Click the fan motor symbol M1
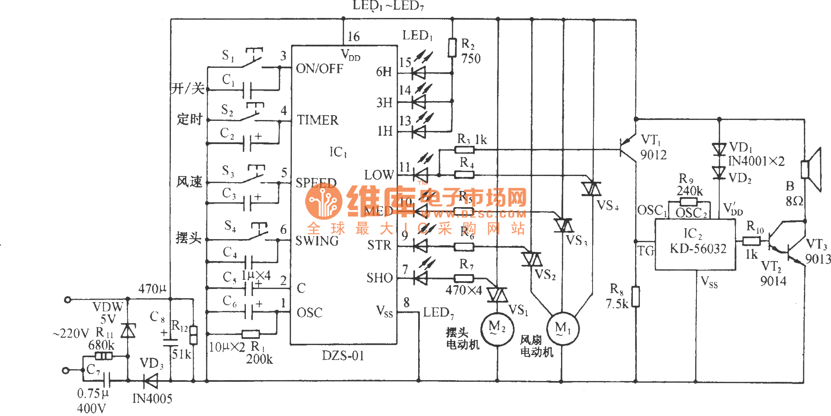click(562, 328)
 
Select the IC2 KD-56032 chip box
click(695, 244)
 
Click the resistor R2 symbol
click(452, 47)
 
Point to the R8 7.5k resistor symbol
click(636, 296)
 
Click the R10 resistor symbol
click(751, 240)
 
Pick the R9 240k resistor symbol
click(688, 202)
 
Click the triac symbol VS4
click(592, 189)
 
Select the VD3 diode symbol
click(151, 381)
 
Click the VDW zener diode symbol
click(128, 331)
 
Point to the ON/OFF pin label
click(320, 69)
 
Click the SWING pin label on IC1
click(317, 241)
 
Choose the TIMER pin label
click(318, 120)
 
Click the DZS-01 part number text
click(343, 356)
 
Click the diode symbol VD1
click(719, 149)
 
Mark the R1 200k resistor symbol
click(250, 334)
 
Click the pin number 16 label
click(353, 37)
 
